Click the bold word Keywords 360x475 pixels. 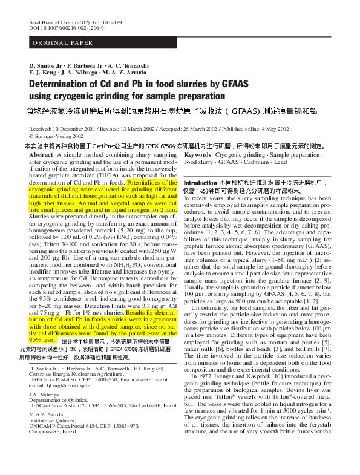[198, 156]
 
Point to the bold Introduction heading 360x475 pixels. [200, 183]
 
